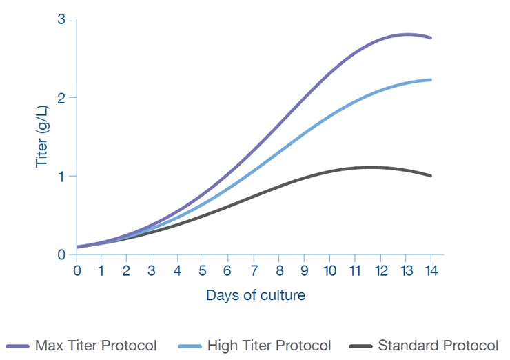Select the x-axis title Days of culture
tap(255, 295)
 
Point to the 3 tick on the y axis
tap(61, 19)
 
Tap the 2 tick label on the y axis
tap(61, 98)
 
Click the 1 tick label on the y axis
tap(61, 176)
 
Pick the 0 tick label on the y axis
tap(61, 254)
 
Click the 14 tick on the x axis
tap(430, 270)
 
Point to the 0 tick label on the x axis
tap(76, 270)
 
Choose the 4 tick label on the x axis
tap(177, 270)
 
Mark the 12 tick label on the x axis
tap(380, 270)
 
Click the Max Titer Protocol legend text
tap(96, 346)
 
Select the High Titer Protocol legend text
tap(269, 346)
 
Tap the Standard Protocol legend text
tap(438, 346)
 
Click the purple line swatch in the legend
tap(17, 346)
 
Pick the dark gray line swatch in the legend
tap(360, 346)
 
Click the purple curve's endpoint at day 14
tap(431, 37)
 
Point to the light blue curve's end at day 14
tap(431, 80)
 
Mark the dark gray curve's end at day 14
tap(431, 176)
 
